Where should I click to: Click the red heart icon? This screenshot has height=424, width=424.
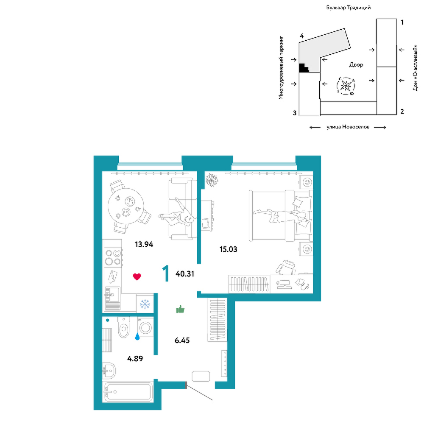[x=137, y=276]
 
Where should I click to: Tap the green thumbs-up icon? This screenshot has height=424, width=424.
[x=180, y=309]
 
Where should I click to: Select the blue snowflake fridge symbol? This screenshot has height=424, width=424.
[x=145, y=304]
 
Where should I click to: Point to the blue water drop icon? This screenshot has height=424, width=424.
[x=137, y=336]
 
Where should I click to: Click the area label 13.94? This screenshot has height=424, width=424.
[x=144, y=245]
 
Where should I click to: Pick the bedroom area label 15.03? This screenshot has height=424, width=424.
[x=229, y=249]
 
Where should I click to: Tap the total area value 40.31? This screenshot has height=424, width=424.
[x=185, y=274]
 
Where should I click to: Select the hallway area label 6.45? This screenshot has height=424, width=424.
[x=182, y=340]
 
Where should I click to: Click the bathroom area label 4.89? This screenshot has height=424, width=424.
[x=135, y=359]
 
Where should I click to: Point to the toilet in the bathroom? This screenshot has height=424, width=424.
[x=124, y=327]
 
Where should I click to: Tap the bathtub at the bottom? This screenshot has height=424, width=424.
[x=128, y=392]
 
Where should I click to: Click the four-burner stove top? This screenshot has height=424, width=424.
[x=113, y=257]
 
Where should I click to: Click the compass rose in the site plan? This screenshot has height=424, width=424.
[x=346, y=86]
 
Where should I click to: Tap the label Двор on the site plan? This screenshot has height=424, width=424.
[x=357, y=64]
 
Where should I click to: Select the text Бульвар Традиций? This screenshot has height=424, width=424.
[x=348, y=8]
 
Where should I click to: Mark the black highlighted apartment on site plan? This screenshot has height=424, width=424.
[x=304, y=68]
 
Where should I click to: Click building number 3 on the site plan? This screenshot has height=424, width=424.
[x=295, y=113]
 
